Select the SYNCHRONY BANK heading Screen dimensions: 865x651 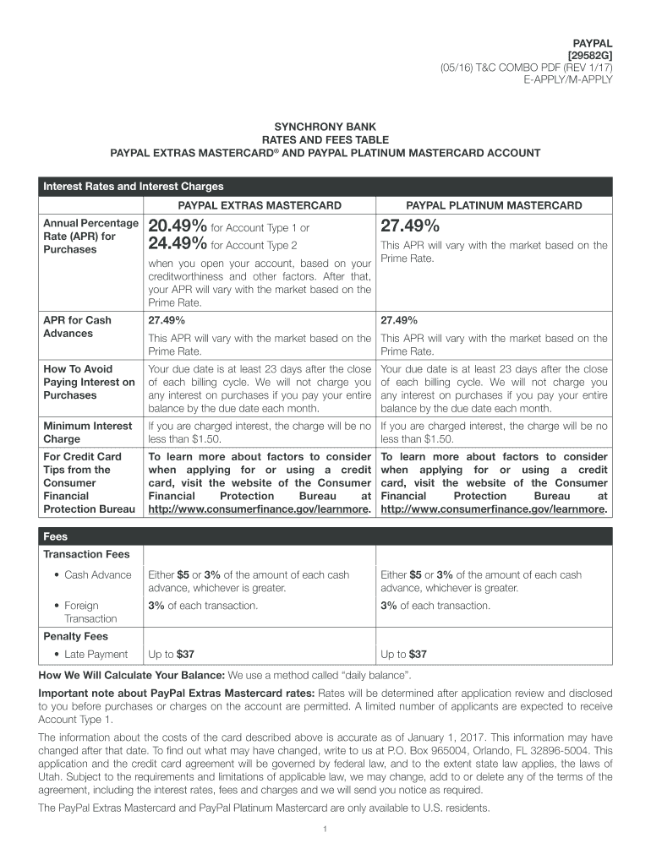pyautogui.click(x=325, y=126)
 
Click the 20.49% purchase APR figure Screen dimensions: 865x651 pyautogui.click(x=177, y=226)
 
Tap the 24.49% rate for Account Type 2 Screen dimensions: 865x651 pyautogui.click(x=177, y=245)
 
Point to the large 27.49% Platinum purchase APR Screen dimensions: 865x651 pyautogui.click(x=410, y=226)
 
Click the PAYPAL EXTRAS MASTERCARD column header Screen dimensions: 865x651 pyautogui.click(x=259, y=206)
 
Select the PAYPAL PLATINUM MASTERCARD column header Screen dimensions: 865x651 pyautogui.click(x=494, y=206)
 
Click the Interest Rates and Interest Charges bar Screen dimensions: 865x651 pyautogui.click(x=134, y=187)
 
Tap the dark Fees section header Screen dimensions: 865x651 pyautogui.click(x=56, y=536)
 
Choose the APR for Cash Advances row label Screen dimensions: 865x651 pyautogui.click(x=77, y=327)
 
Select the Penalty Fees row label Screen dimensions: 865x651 pyautogui.click(x=76, y=636)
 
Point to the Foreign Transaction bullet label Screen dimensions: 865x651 pyautogui.click(x=81, y=612)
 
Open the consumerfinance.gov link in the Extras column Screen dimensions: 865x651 pyautogui.click(x=259, y=510)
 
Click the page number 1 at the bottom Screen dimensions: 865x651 pyautogui.click(x=325, y=829)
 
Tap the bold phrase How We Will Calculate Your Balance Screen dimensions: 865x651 pyautogui.click(x=131, y=676)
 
